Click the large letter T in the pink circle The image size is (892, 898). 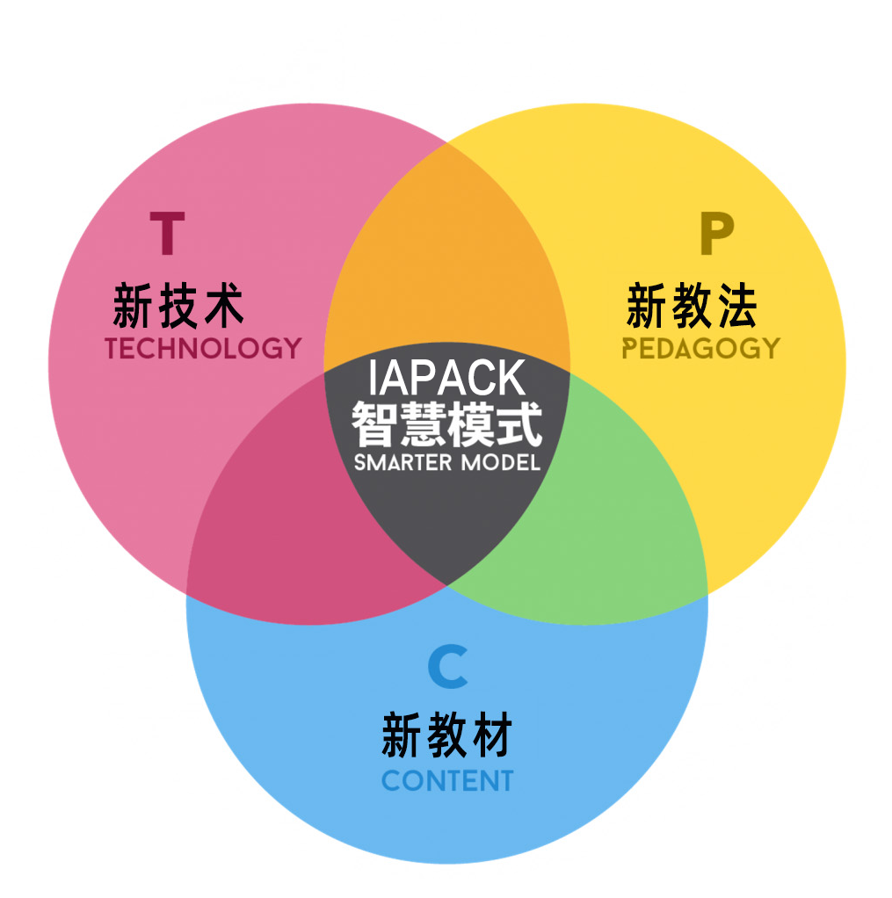coord(167,233)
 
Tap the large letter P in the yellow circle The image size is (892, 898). coord(715,234)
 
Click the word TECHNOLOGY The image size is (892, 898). coord(203,349)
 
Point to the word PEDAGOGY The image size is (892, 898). coord(700,349)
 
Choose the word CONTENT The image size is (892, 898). coord(447,780)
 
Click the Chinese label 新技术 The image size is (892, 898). coord(178,307)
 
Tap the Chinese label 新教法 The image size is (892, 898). coord(692,307)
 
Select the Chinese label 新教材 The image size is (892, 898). coord(447,736)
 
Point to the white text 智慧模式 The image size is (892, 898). coord(447,424)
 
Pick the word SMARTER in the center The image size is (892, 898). coord(402,462)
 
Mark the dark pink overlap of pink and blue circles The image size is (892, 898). coord(290,518)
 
